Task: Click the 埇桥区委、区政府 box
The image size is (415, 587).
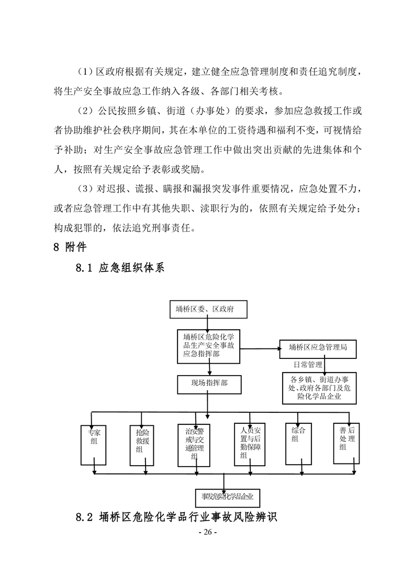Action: (x=208, y=309)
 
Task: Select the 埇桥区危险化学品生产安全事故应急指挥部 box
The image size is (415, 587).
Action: (x=208, y=346)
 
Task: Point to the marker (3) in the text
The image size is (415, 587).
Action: (x=86, y=188)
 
